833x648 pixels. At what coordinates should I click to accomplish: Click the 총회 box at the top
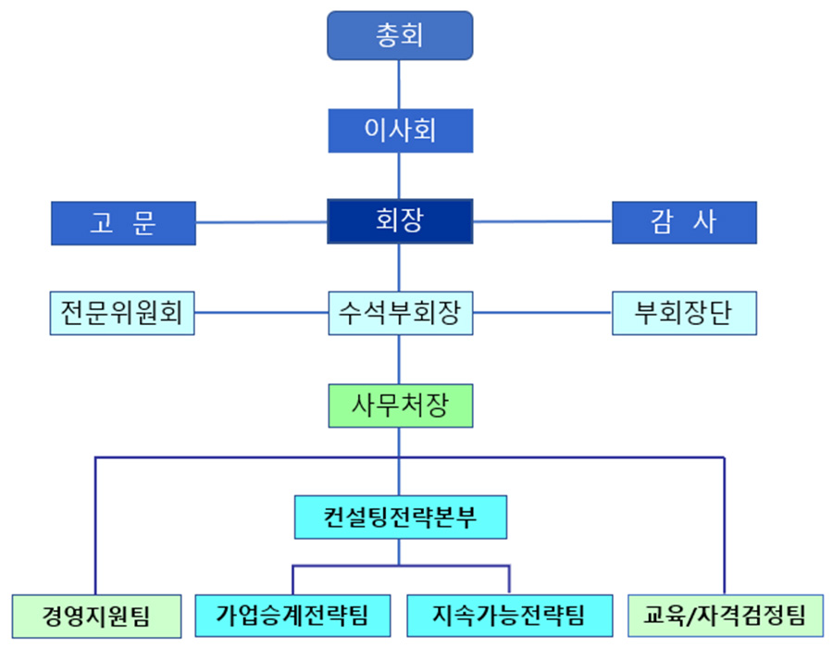tap(400, 35)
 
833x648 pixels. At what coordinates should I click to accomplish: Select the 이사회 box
tap(400, 130)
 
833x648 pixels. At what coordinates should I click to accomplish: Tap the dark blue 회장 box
tap(400, 221)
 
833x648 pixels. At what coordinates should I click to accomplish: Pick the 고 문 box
tap(123, 223)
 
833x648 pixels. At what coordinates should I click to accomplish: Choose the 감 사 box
tap(684, 222)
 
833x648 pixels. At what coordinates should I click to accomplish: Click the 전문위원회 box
tap(123, 313)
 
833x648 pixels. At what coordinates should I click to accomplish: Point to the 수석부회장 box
tap(400, 313)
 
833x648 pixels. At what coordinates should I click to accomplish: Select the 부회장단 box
tap(684, 313)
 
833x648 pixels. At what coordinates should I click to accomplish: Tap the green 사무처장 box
tap(400, 405)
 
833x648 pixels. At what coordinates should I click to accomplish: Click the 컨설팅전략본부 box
tap(400, 517)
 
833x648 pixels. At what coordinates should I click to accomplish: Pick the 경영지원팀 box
tap(95, 615)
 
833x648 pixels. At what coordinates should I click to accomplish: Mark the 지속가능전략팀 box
tap(508, 615)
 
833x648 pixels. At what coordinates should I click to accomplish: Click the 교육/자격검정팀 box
tap(725, 615)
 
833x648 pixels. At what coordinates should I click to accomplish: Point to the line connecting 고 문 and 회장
tap(262, 222)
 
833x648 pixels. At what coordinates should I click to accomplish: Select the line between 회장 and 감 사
tap(542, 222)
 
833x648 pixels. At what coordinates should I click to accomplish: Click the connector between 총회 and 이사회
tap(400, 83)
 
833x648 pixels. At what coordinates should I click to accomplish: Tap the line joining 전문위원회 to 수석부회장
tap(262, 313)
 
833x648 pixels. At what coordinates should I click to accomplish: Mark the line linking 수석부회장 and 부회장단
tap(542, 313)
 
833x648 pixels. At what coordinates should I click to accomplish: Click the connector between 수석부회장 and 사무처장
tap(400, 359)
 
